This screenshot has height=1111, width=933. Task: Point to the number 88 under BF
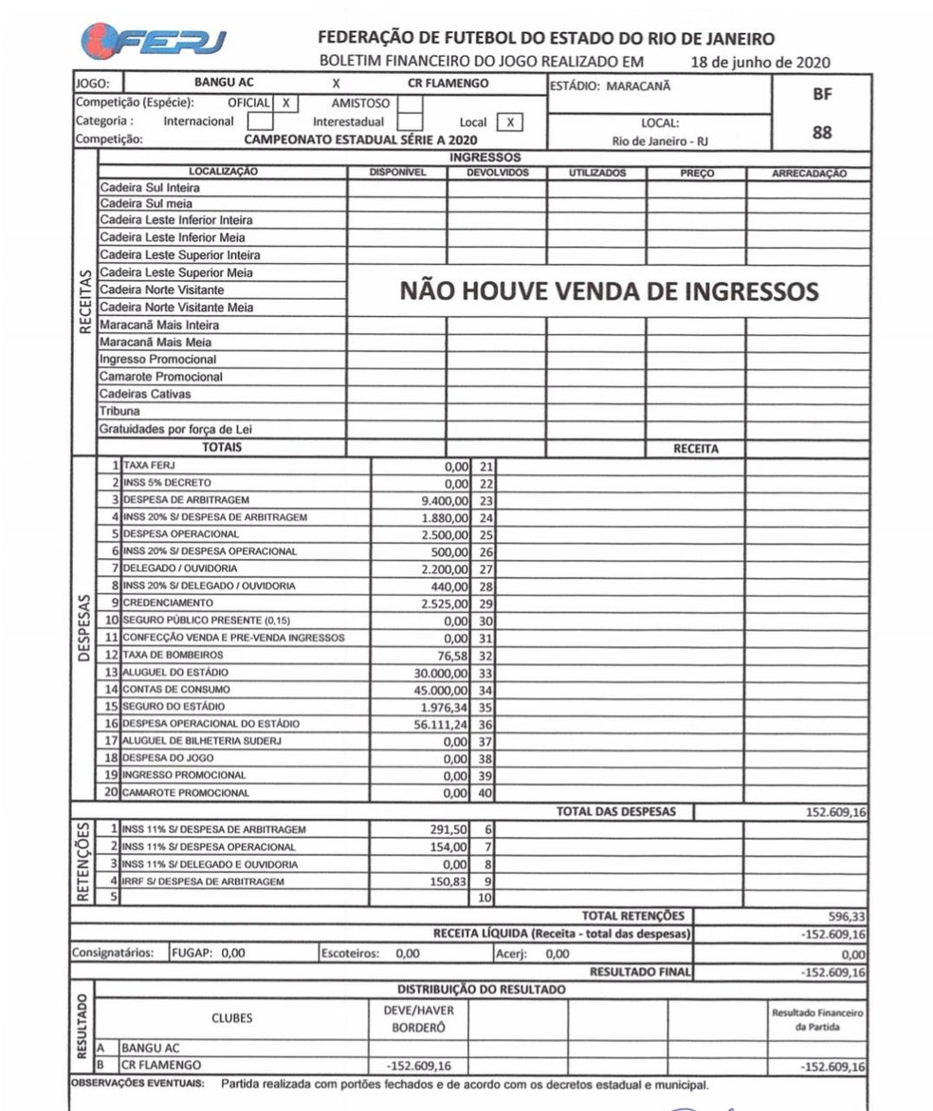pyautogui.click(x=822, y=133)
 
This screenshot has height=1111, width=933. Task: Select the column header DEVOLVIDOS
pyautogui.click(x=496, y=174)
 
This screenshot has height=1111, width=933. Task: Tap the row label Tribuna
pyautogui.click(x=120, y=412)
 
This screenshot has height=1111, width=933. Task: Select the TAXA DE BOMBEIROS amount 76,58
pyautogui.click(x=452, y=655)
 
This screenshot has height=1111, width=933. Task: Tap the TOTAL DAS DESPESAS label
pyautogui.click(x=615, y=811)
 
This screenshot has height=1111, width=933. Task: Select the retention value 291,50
pyautogui.click(x=451, y=829)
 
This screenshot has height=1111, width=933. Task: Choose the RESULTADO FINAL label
pyautogui.click(x=640, y=972)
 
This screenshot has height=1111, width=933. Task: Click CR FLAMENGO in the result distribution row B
pyautogui.click(x=159, y=1065)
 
